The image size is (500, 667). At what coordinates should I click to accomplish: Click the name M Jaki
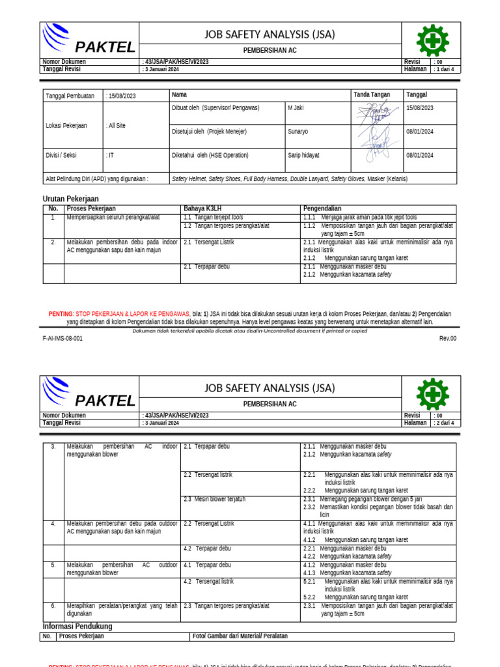[296, 108]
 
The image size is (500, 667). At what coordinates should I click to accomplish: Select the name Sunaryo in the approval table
[298, 132]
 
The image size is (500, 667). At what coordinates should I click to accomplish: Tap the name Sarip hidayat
[303, 156]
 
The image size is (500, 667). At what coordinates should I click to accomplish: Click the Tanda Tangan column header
[372, 95]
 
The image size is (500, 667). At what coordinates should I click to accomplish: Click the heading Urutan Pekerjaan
[70, 199]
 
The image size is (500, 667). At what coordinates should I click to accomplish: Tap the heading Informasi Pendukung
[77, 627]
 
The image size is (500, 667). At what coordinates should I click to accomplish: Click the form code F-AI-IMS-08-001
[63, 339]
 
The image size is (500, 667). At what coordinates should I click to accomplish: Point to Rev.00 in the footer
[448, 339]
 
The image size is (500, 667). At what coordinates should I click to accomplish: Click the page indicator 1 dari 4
[445, 69]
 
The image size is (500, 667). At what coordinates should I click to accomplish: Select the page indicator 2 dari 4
[445, 423]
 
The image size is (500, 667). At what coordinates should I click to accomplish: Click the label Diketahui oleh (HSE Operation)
[210, 156]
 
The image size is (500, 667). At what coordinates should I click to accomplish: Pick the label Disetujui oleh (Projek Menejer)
[209, 132]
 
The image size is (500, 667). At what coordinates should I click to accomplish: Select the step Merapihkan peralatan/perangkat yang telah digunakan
[122, 610]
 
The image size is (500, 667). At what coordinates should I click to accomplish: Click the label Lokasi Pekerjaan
[66, 126]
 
